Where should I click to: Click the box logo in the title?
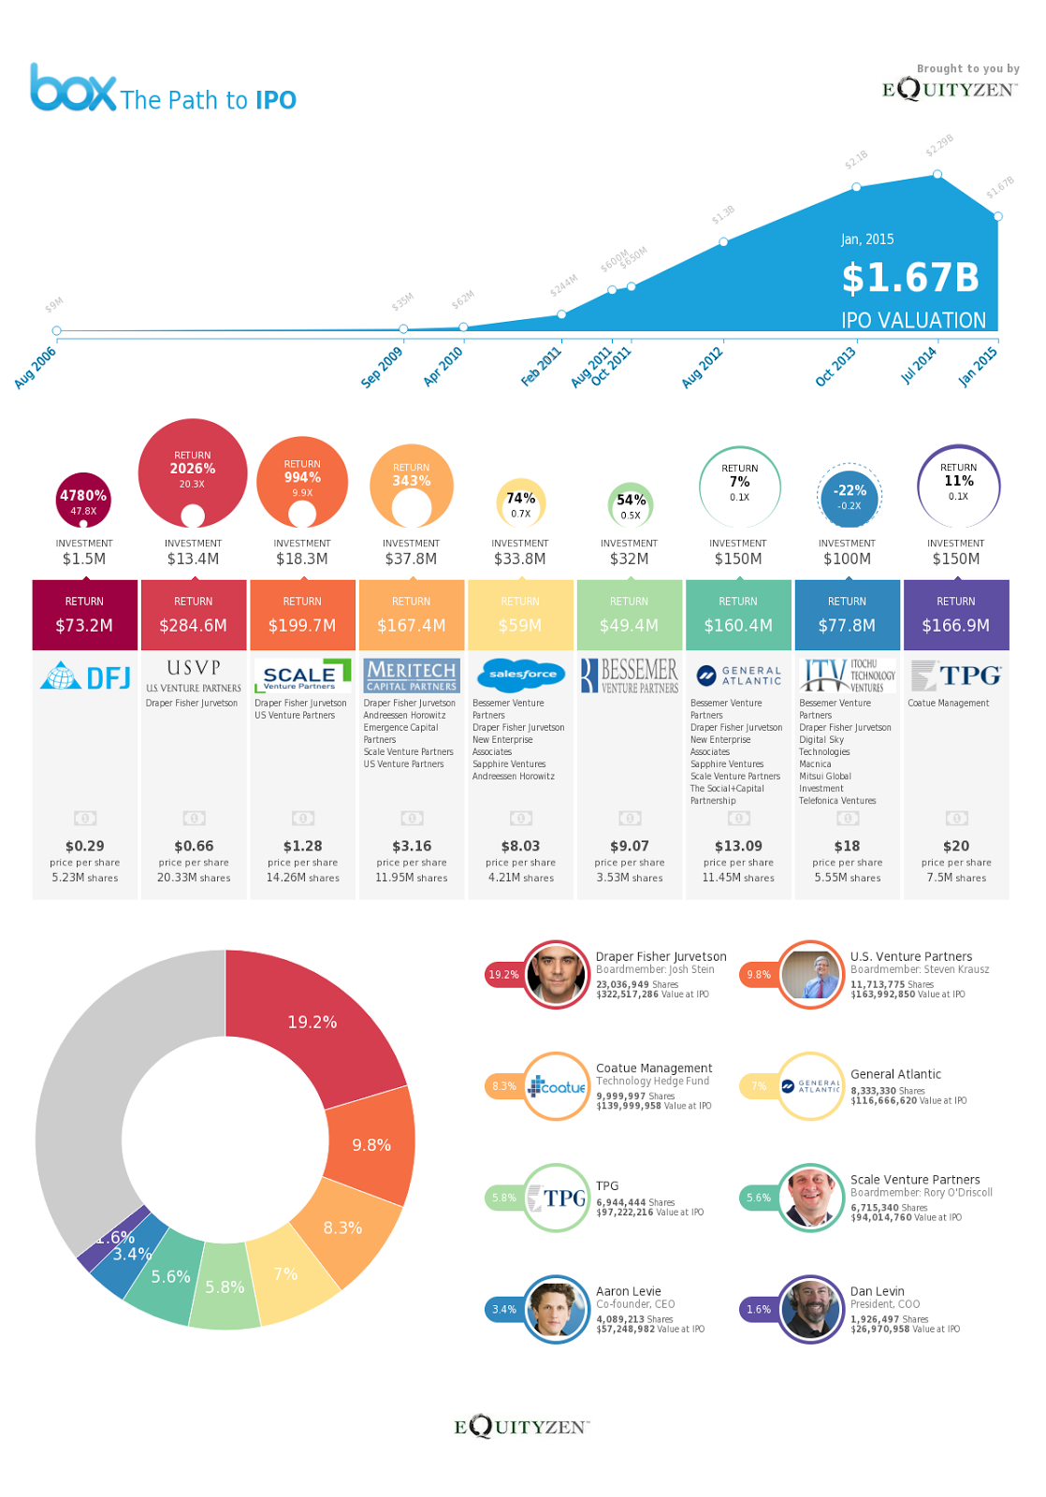[73, 88]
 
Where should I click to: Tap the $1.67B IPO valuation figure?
[909, 278]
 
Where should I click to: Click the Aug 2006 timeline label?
[36, 368]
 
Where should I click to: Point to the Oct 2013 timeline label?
[835, 367]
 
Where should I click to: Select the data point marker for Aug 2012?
[723, 241]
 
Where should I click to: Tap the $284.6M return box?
[194, 615]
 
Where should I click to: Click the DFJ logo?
[85, 676]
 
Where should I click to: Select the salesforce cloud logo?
[522, 674]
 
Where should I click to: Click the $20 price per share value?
[955, 846]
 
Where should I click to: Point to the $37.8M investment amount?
[411, 559]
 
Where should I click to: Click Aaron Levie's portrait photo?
[555, 1309]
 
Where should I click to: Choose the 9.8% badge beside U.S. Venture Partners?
[758, 975]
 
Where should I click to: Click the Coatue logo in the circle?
[557, 1086]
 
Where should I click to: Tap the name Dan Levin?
[877, 1291]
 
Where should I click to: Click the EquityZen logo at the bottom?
[521, 1427]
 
